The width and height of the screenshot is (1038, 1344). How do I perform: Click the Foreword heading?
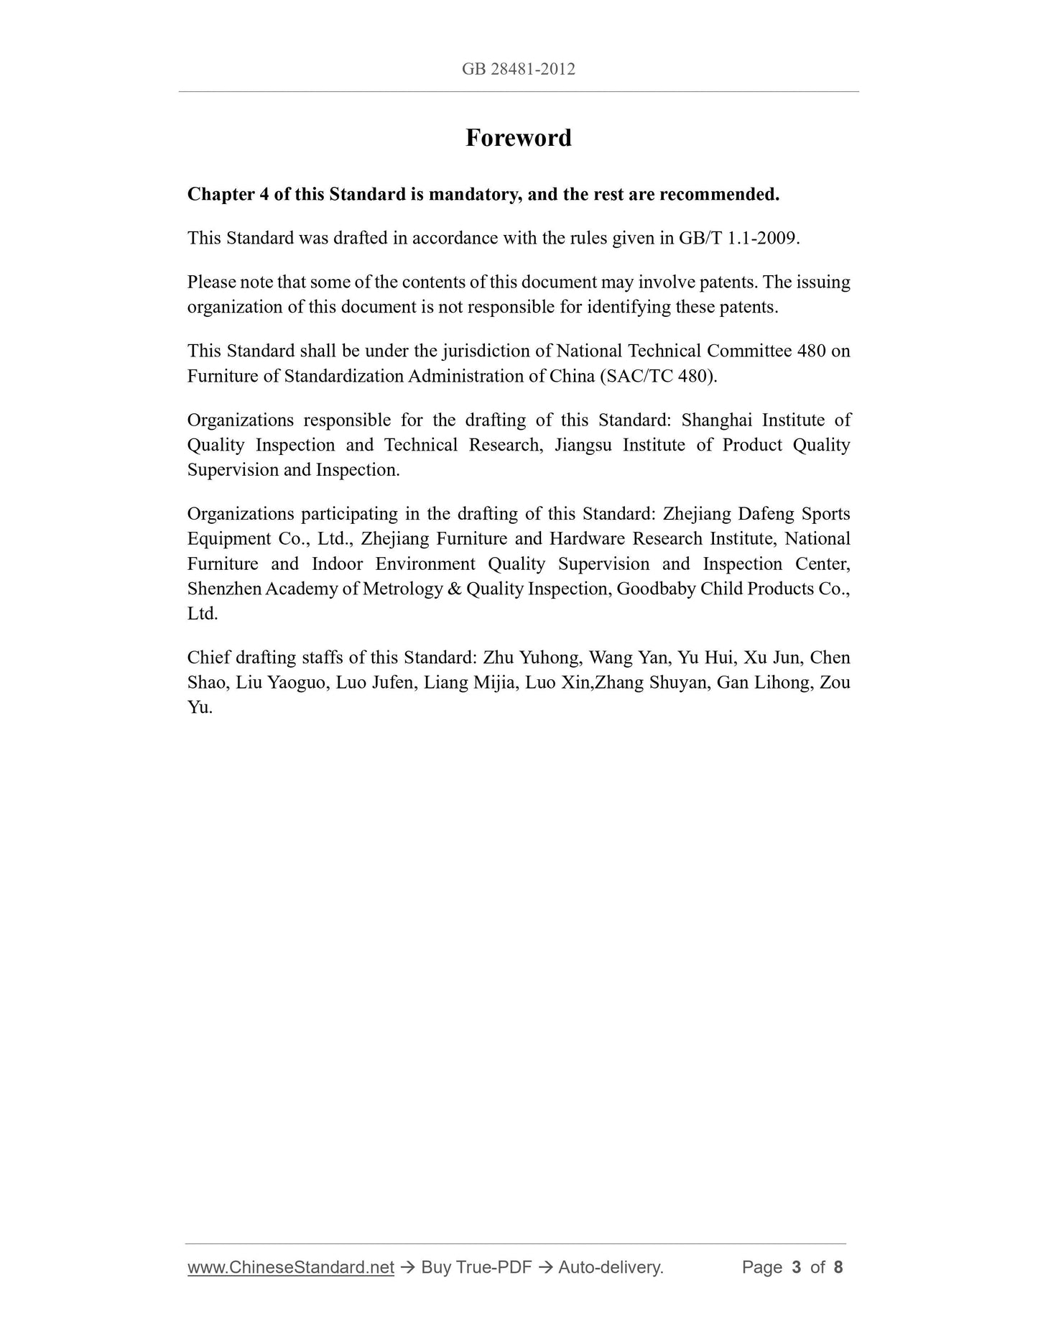518,137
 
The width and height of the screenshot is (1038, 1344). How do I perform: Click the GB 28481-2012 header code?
518,69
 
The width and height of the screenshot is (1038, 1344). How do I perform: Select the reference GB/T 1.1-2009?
738,238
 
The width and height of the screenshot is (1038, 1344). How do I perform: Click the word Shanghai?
716,420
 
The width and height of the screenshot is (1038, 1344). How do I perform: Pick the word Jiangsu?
583,445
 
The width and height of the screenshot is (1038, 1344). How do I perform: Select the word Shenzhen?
224,589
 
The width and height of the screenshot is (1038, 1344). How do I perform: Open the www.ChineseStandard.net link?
291,1267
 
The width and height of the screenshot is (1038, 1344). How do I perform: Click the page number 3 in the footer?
796,1267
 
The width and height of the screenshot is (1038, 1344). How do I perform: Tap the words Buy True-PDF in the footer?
476,1267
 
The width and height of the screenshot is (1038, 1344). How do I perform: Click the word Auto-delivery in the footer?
610,1267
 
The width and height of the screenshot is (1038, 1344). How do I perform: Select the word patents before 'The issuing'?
728,282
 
